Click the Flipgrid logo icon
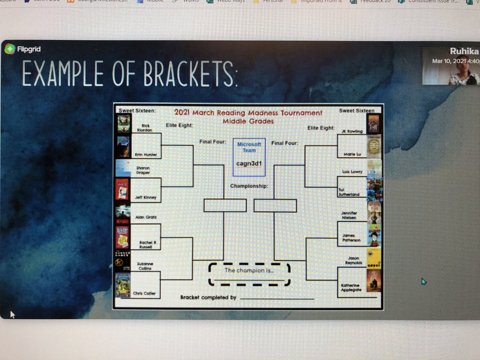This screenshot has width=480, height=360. click(x=9, y=49)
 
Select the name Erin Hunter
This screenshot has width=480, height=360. click(x=146, y=154)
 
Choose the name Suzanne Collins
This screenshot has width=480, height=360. click(x=145, y=266)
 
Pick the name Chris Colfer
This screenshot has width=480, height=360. click(x=144, y=294)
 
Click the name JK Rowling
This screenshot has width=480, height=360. click(x=352, y=131)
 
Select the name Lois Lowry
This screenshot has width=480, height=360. click(x=352, y=172)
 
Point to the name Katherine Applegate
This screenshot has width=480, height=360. click(x=350, y=288)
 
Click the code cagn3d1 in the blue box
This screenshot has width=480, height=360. click(x=249, y=163)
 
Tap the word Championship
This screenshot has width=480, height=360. click(x=249, y=186)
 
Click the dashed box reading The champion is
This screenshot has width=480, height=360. click(x=249, y=274)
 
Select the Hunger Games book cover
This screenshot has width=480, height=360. click(x=123, y=260)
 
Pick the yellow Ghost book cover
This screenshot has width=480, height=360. click(x=374, y=258)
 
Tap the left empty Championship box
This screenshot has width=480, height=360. click(x=225, y=205)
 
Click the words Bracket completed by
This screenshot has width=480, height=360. click(x=208, y=298)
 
